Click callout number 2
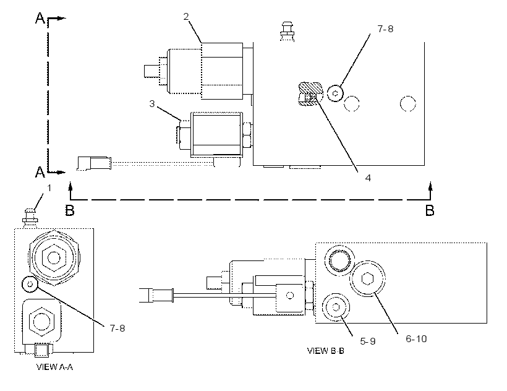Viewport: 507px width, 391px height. click(186, 17)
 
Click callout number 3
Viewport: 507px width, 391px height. click(152, 104)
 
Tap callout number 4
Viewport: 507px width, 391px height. click(368, 178)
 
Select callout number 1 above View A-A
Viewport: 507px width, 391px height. click(49, 188)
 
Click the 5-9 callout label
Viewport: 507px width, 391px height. click(368, 341)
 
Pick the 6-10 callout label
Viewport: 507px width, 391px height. click(416, 338)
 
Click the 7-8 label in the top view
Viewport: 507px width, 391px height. click(385, 29)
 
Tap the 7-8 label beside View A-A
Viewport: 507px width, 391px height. click(117, 329)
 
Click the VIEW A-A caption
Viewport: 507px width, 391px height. click(54, 367)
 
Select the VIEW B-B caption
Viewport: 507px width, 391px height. click(325, 351)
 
